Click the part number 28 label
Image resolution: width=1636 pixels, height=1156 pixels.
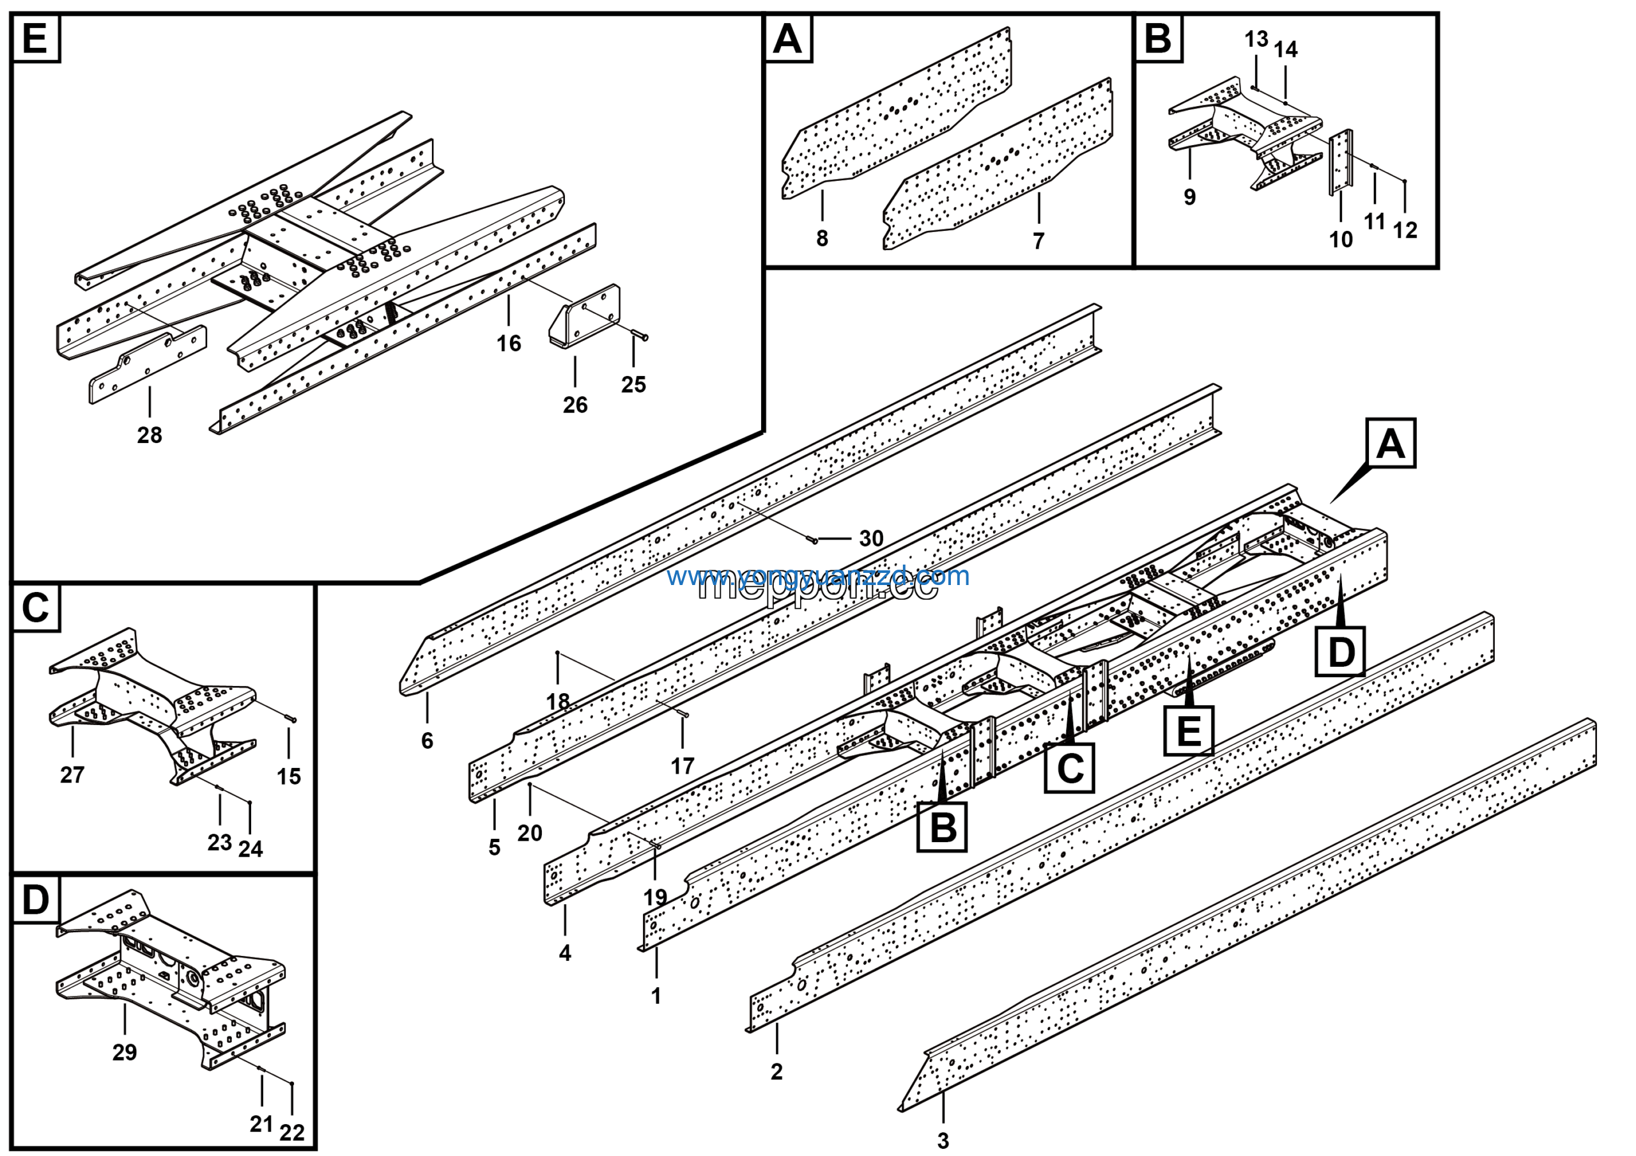(x=150, y=435)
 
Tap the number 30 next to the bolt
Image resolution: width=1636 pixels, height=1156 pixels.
(x=871, y=538)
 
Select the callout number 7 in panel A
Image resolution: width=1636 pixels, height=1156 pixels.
(x=1038, y=241)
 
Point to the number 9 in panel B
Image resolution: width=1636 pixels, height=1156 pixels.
(x=1189, y=197)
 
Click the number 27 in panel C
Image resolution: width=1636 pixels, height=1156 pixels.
(x=72, y=774)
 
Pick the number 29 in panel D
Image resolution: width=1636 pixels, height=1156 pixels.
(x=125, y=1051)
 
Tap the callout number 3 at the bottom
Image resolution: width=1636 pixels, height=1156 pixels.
(x=943, y=1140)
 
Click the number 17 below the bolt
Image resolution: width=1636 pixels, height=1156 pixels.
(x=682, y=766)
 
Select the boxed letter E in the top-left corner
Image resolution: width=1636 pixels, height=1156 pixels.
(x=35, y=38)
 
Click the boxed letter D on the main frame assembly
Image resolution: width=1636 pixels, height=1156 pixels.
(x=1340, y=652)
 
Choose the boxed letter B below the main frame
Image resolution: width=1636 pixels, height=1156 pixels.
(x=942, y=827)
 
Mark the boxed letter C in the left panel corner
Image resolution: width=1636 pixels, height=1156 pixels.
(x=35, y=608)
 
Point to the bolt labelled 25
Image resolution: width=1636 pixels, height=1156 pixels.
(x=639, y=336)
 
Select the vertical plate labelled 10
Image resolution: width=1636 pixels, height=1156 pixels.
(x=1340, y=162)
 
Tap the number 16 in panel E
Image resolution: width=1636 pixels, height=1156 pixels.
(x=509, y=343)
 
